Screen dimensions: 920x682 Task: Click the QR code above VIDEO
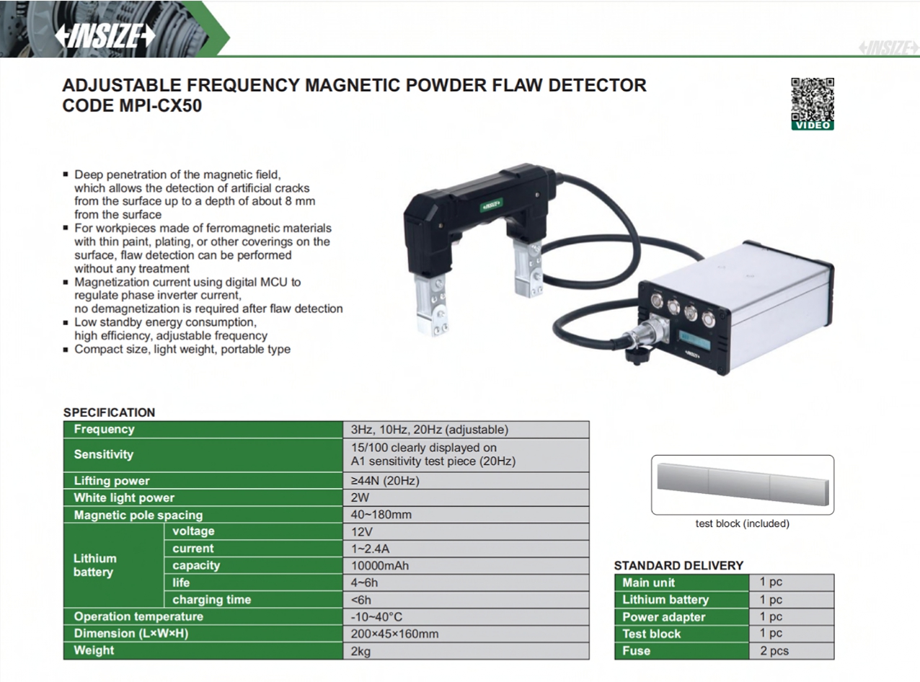(x=812, y=99)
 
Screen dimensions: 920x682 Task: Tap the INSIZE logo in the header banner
(x=105, y=35)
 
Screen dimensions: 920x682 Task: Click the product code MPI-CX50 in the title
(x=161, y=105)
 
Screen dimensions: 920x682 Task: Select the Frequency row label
(x=104, y=429)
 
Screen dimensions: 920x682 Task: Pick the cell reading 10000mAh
(x=380, y=565)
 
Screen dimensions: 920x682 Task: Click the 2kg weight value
(x=361, y=651)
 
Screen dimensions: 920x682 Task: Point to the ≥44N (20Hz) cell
(x=385, y=480)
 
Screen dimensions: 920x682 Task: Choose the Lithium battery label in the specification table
(x=95, y=565)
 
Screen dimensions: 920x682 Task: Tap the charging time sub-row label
(x=211, y=599)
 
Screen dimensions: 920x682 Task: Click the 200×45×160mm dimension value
(x=394, y=634)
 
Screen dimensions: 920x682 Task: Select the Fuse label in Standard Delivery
(x=636, y=650)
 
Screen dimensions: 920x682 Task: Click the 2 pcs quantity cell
(x=774, y=650)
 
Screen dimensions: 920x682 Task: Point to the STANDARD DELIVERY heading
(x=678, y=565)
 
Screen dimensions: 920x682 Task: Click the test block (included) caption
(x=743, y=523)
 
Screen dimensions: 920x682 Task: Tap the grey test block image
(x=743, y=484)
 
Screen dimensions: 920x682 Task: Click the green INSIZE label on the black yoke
(x=492, y=205)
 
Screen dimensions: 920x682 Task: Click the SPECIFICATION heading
(x=109, y=412)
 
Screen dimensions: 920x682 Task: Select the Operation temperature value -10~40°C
(x=376, y=616)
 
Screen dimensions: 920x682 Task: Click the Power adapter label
(x=663, y=617)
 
